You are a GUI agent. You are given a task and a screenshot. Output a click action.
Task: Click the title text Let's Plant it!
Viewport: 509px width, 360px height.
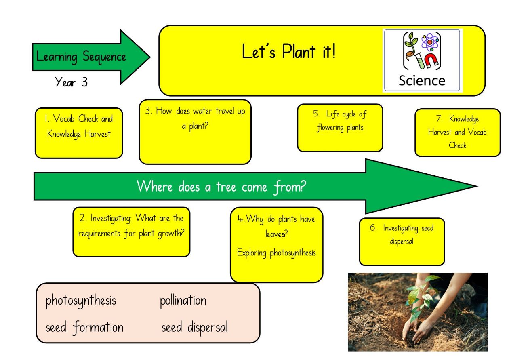[288, 51]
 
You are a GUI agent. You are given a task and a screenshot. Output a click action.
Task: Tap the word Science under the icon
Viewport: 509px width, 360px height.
[422, 80]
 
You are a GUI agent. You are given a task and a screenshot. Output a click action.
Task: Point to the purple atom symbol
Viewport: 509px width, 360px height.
[430, 42]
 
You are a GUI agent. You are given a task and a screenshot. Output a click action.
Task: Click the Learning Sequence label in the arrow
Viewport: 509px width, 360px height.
[81, 57]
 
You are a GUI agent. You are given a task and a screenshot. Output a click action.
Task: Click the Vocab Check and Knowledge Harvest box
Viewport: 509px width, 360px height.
[79, 133]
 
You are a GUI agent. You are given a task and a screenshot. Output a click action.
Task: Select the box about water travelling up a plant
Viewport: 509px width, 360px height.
[195, 132]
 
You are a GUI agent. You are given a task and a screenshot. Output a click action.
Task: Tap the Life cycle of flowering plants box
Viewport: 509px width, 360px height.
[340, 128]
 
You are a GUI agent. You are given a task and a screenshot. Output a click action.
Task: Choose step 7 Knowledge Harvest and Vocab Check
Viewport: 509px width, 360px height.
[458, 133]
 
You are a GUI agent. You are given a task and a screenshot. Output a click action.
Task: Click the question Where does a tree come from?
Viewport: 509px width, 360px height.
[221, 187]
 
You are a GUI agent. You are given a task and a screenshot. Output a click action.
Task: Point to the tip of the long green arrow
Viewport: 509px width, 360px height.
[477, 186]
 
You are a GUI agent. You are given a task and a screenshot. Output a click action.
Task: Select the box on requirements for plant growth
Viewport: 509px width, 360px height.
[131, 232]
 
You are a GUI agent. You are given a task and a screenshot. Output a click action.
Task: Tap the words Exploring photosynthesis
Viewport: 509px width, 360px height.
[277, 253]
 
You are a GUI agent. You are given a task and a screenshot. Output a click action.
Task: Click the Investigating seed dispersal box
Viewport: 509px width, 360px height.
[402, 242]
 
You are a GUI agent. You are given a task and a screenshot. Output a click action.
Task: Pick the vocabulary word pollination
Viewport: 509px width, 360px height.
[183, 301]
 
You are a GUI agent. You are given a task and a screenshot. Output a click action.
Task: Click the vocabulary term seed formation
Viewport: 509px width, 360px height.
[84, 328]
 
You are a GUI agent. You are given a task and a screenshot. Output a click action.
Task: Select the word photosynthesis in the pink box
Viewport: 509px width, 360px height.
[81, 301]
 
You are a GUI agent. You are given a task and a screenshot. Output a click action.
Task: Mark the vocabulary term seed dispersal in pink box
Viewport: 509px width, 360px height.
[195, 328]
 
